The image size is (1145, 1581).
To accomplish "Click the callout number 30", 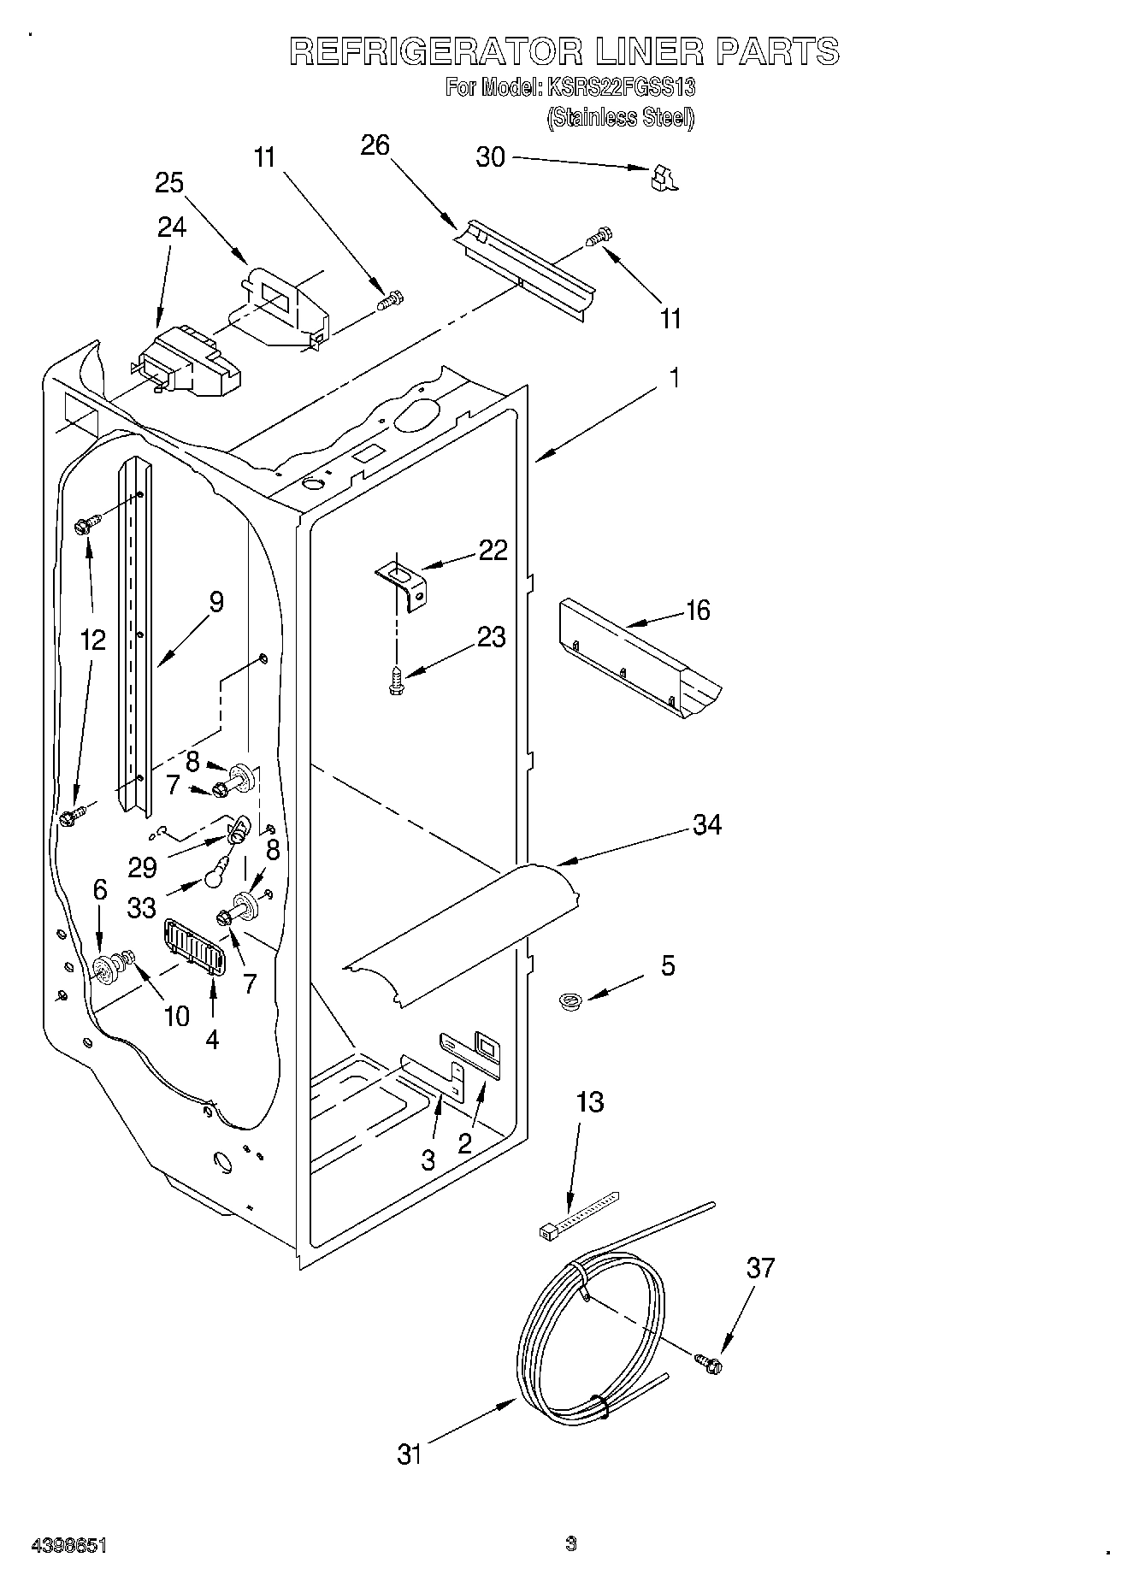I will (490, 158).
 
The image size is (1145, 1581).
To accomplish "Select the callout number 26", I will (375, 145).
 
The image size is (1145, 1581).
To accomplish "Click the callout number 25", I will (169, 183).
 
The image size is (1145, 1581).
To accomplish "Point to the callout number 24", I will (171, 227).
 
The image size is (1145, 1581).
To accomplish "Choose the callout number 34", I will (706, 825).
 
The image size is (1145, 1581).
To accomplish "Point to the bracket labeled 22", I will (404, 581).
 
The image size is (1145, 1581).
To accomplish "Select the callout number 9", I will (215, 602).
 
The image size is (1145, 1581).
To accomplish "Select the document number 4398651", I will (68, 1545).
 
